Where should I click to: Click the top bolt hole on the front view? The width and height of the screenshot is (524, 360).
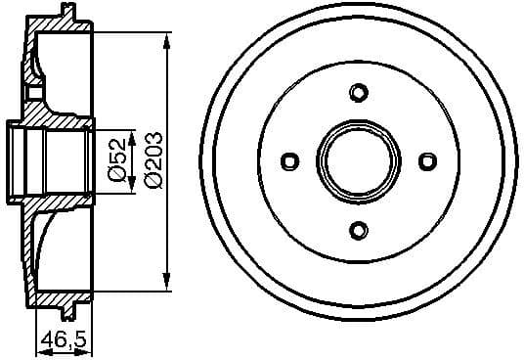358,93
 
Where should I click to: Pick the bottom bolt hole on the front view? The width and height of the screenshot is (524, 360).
358,230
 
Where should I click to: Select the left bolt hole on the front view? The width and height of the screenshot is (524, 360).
289,161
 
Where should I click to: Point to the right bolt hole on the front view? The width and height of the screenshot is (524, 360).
426,161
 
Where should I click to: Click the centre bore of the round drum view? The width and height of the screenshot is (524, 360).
358,161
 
